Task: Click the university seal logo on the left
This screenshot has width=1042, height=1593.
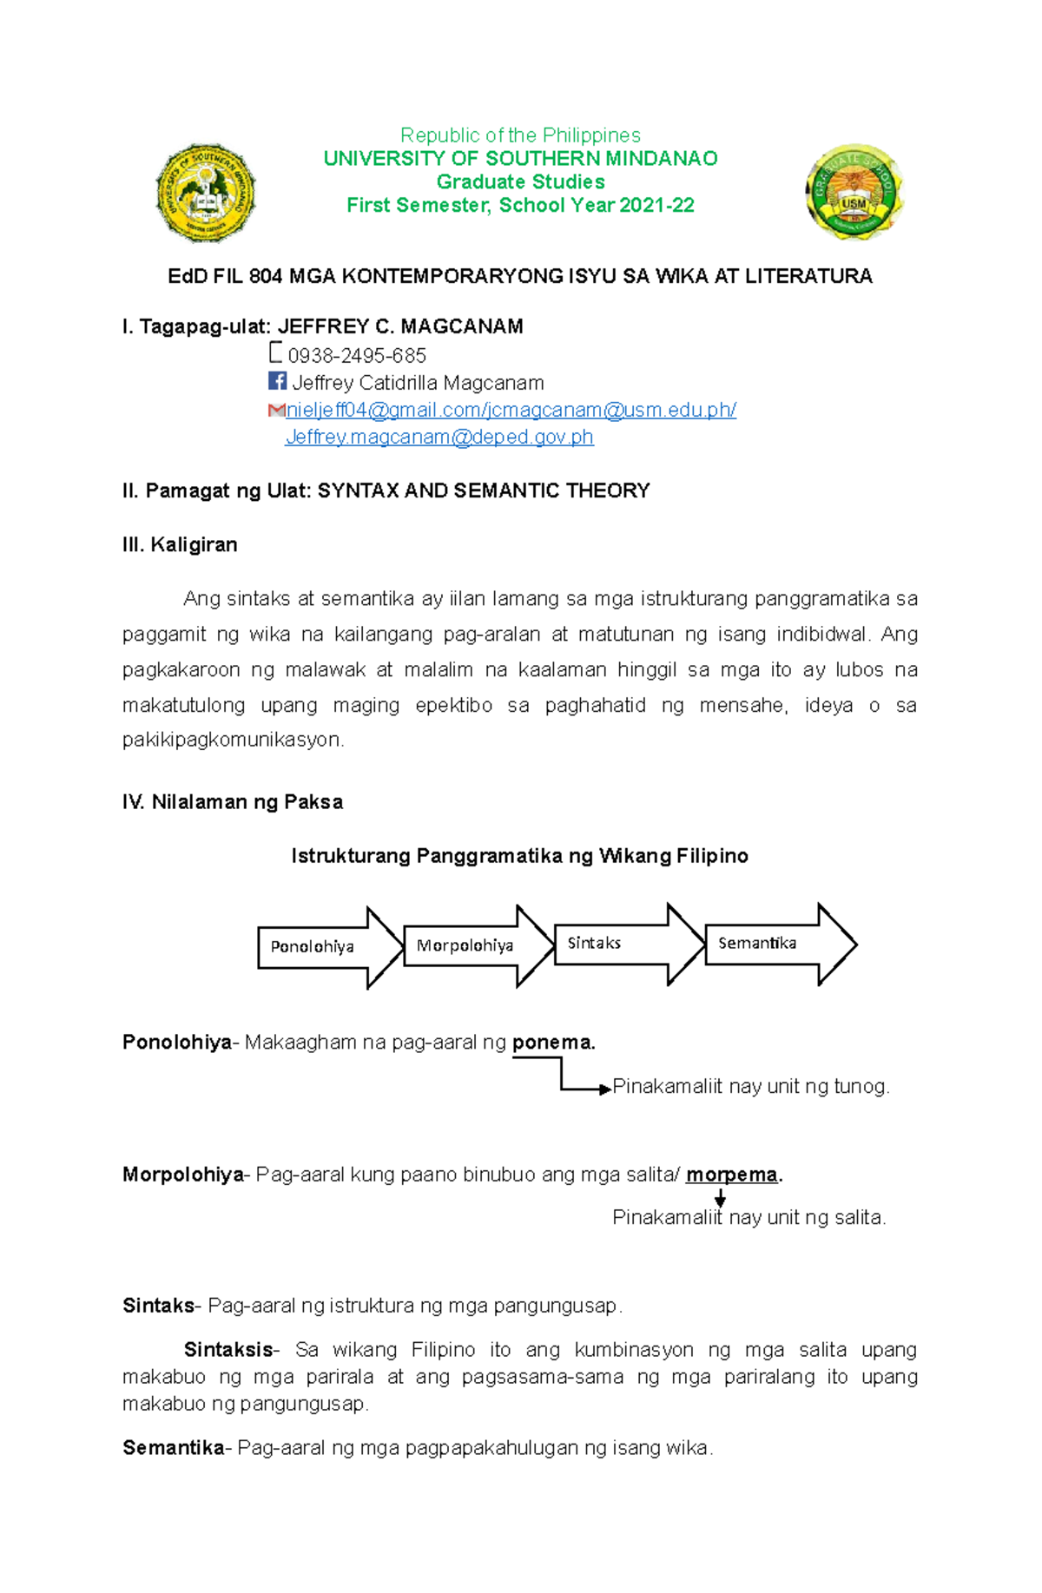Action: click(x=206, y=193)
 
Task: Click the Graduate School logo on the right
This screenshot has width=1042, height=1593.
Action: click(x=854, y=193)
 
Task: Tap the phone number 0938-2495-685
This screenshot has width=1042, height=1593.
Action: click(x=357, y=356)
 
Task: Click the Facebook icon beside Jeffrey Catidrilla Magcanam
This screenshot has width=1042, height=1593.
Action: click(x=277, y=381)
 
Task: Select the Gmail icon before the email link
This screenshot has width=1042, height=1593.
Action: click(x=276, y=410)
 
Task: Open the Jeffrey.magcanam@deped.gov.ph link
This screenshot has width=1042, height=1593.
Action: click(x=439, y=438)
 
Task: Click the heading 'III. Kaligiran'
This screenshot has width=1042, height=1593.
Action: click(x=180, y=545)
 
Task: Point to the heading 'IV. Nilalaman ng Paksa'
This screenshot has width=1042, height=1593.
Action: click(x=233, y=802)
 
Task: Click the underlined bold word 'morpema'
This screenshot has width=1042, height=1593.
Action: click(x=732, y=1175)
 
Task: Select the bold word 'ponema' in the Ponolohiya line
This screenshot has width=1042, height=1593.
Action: click(x=551, y=1043)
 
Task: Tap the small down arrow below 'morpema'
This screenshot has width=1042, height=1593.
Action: click(x=720, y=1198)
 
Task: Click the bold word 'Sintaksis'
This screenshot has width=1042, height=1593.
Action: click(x=228, y=1350)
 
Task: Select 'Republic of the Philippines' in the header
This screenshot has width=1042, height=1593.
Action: click(x=520, y=135)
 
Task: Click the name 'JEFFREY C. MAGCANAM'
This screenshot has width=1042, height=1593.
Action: click(x=400, y=326)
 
